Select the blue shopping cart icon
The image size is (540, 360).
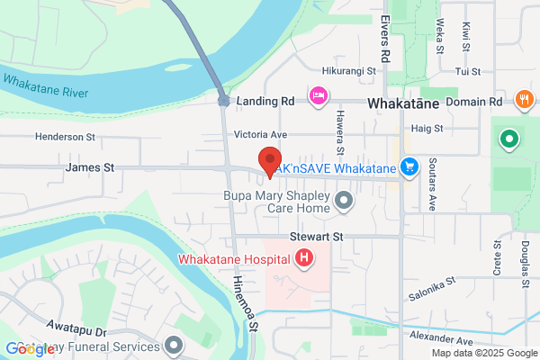point(409,167)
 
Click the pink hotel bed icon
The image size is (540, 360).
point(318,95)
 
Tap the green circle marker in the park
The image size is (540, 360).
point(508,140)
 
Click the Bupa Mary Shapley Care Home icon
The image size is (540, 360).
point(343,201)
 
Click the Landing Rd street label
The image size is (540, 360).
point(265,102)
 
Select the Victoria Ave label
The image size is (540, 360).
point(260,134)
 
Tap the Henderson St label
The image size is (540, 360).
point(65,137)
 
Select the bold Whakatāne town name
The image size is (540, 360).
point(403,104)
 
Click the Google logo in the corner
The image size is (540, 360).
point(30,348)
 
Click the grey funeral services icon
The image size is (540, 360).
point(174,345)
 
